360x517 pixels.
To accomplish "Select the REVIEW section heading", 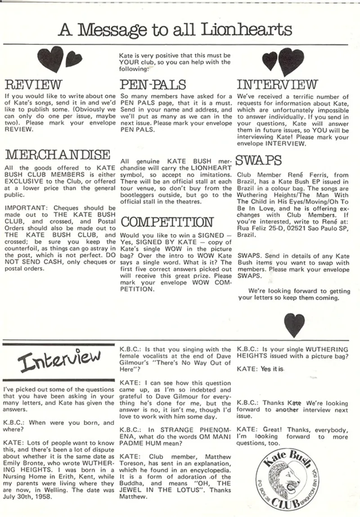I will [33, 85].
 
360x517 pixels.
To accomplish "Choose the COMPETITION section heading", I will [166, 222].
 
